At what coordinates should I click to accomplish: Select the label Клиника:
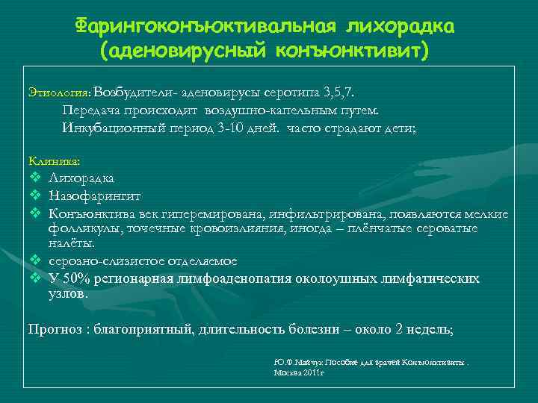tap(53, 160)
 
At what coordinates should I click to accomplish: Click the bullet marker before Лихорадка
tap(34, 178)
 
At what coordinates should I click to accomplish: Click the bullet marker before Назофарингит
tap(34, 196)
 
